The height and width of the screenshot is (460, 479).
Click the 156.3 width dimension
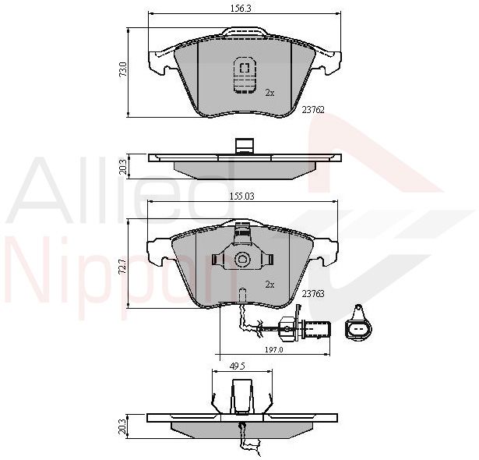(x=241, y=9)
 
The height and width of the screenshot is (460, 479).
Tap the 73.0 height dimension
(x=123, y=69)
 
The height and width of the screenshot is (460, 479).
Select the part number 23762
(x=313, y=110)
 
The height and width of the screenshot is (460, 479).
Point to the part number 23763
(x=313, y=294)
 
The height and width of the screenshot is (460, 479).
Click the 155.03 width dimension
(x=242, y=196)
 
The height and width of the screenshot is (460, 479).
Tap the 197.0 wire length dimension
(x=273, y=350)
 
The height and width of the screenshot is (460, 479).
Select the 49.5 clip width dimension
(x=238, y=366)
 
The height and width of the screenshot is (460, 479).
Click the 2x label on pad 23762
(x=269, y=93)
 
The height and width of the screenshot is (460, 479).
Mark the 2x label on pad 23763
(x=269, y=285)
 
